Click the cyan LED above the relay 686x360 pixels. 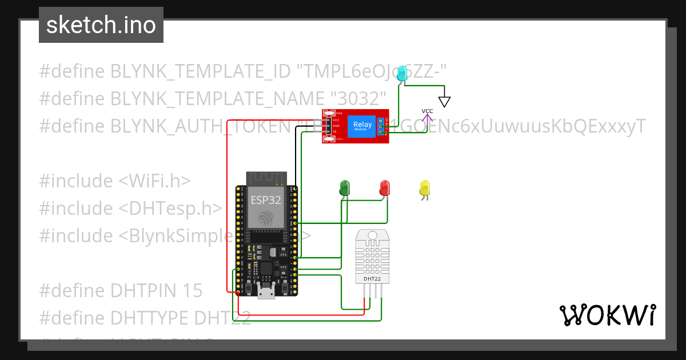(x=402, y=73)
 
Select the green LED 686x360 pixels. (x=345, y=187)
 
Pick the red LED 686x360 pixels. (x=385, y=187)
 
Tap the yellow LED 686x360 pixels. (x=424, y=188)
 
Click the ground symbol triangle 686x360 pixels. (x=445, y=102)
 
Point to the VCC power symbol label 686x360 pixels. (x=427, y=111)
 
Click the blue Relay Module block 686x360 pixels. (x=362, y=126)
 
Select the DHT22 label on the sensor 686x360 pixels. (x=372, y=279)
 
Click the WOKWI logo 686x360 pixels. (x=607, y=315)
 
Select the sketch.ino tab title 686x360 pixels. (x=101, y=25)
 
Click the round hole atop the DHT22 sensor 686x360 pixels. (x=373, y=234)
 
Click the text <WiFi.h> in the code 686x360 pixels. (x=154, y=181)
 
